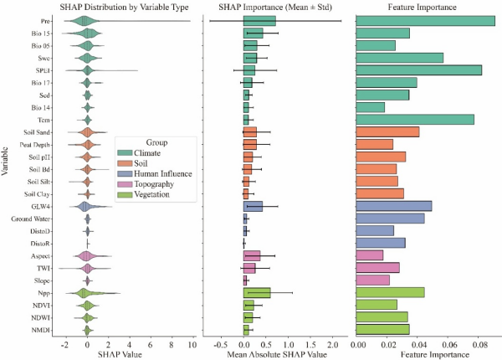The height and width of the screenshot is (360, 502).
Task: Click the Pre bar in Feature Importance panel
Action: pos(426,21)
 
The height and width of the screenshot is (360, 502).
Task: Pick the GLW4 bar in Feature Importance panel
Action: pos(394,205)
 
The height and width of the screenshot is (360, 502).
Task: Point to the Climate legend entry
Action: pos(146,153)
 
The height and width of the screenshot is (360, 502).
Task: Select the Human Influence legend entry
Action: pos(159,173)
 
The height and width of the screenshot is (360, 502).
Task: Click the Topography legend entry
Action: pos(153,184)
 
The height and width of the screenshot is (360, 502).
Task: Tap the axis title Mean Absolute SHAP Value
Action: pos(279,355)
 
